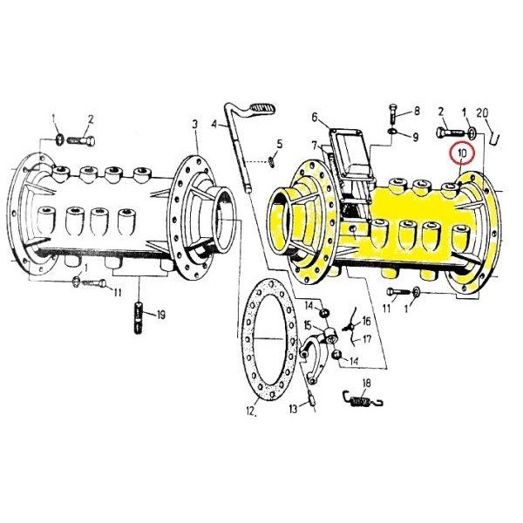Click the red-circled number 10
462,153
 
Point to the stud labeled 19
139,317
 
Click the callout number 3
194,126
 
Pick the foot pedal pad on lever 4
262,108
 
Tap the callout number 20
482,113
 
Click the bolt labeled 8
393,114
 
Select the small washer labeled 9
392,131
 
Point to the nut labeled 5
272,162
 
